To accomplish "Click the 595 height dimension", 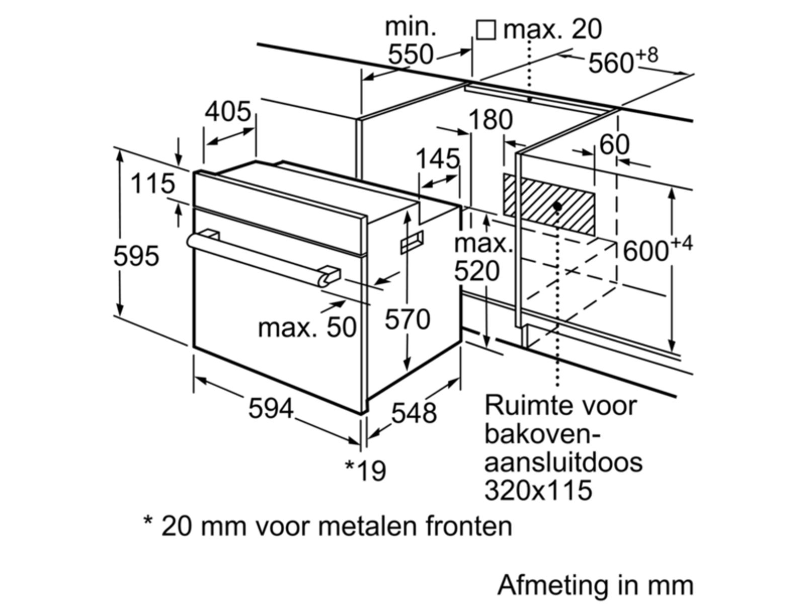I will coord(136,256).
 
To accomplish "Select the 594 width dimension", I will coord(270,408).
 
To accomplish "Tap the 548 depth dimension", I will coord(414,413).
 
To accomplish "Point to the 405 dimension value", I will coord(227,111).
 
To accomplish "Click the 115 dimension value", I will coord(152,184).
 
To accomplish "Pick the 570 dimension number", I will coord(408,319).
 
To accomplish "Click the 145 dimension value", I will coord(438,159).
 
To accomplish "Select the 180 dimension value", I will coord(491,120).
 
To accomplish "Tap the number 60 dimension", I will coord(614,145).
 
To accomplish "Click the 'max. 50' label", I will coord(307,328).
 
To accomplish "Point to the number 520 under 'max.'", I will coord(477,272).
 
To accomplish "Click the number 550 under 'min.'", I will coord(410,54).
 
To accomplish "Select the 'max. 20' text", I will coord(552,29).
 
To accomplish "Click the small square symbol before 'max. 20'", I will coord(486,30).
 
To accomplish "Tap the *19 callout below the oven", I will coord(366,470).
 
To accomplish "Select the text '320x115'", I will coord(538,490).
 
